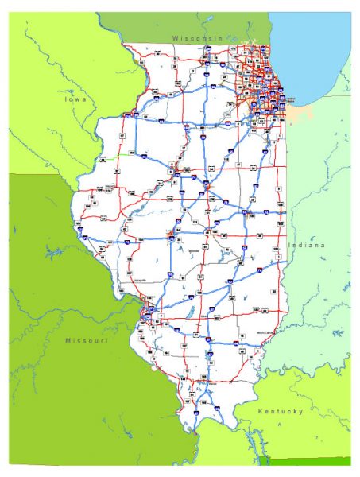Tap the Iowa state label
(78, 100)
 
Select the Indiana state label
(307, 246)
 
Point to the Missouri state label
(86, 340)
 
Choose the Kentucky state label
(281, 411)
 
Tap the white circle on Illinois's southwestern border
(152, 369)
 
